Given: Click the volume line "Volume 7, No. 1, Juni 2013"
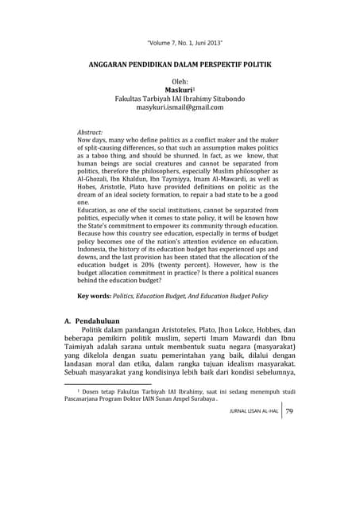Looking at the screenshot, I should tap(180, 41).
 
